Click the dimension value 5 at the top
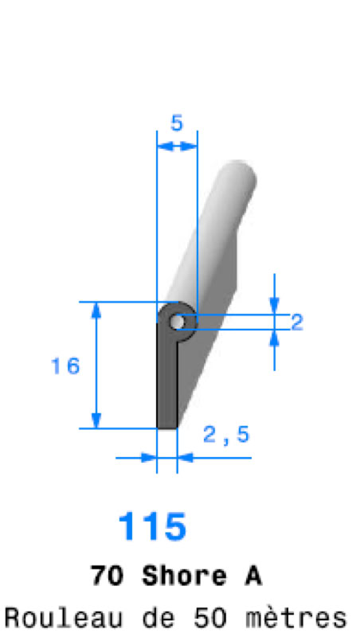click(x=177, y=123)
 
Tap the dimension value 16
click(x=65, y=366)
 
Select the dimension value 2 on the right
click(x=297, y=322)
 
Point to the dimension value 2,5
click(x=226, y=435)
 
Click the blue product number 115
click(x=152, y=526)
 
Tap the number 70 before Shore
click(x=107, y=576)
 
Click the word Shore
click(x=184, y=576)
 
